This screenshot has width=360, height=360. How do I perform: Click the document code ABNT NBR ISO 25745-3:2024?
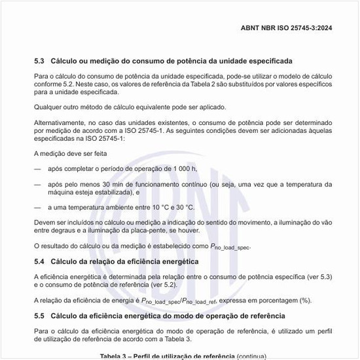(295, 28)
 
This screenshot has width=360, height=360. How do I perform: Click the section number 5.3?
(39, 61)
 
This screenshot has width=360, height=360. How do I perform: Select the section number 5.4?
(39, 262)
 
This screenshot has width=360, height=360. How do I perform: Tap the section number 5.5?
(39, 315)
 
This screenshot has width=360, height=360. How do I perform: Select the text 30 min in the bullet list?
(114, 185)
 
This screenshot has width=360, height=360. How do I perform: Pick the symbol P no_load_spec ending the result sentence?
(230, 246)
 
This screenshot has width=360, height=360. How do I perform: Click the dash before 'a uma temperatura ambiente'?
(37, 207)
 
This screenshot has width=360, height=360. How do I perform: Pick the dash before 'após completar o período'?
(37, 169)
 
